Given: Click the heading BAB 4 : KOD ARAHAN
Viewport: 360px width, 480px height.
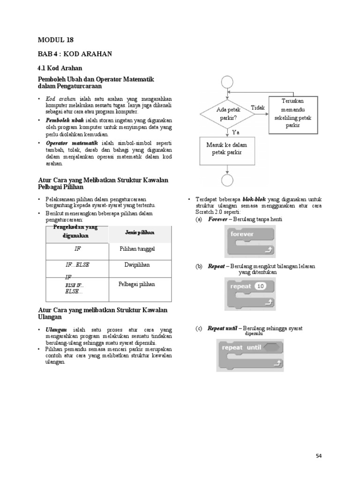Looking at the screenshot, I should click(x=75, y=54).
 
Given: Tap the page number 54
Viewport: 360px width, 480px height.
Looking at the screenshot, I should click(x=319, y=456).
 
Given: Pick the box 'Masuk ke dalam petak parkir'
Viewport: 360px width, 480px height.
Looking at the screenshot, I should click(x=226, y=149).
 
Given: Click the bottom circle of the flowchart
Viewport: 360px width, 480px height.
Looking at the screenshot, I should click(x=226, y=181).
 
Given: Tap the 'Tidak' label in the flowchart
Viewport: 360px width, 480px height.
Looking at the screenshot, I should click(x=258, y=108).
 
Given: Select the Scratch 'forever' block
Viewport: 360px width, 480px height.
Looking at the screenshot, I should click(x=250, y=241).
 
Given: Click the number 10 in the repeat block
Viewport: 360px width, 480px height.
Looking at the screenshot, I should click(x=261, y=286).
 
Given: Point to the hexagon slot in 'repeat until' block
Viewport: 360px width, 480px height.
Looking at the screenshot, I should click(x=272, y=348).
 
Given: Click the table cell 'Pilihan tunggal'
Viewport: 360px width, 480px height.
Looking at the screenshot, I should click(x=137, y=249).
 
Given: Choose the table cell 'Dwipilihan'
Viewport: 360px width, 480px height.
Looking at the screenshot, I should click(x=137, y=265).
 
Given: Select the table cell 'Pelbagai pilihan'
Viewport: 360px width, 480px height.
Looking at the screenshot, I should click(x=137, y=284).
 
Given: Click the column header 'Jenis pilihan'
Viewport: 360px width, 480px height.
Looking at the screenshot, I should click(x=140, y=232).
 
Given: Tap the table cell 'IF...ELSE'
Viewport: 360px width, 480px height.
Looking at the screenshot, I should click(x=77, y=265).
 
